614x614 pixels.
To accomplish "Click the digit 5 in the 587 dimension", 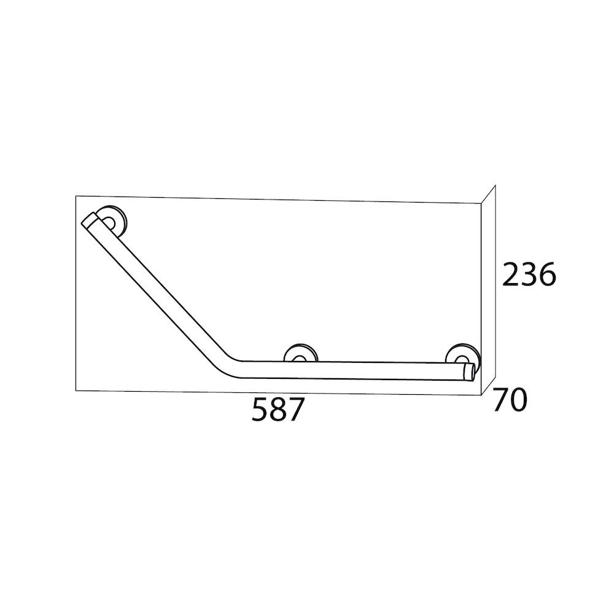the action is tap(260, 409).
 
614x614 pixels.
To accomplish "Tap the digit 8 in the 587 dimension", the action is tap(278, 409).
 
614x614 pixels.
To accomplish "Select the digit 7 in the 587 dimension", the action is tap(296, 409).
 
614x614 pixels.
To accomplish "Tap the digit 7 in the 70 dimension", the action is tap(501, 400).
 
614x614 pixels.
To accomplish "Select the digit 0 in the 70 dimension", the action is tap(518, 400).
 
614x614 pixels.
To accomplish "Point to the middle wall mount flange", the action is tap(301, 353).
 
